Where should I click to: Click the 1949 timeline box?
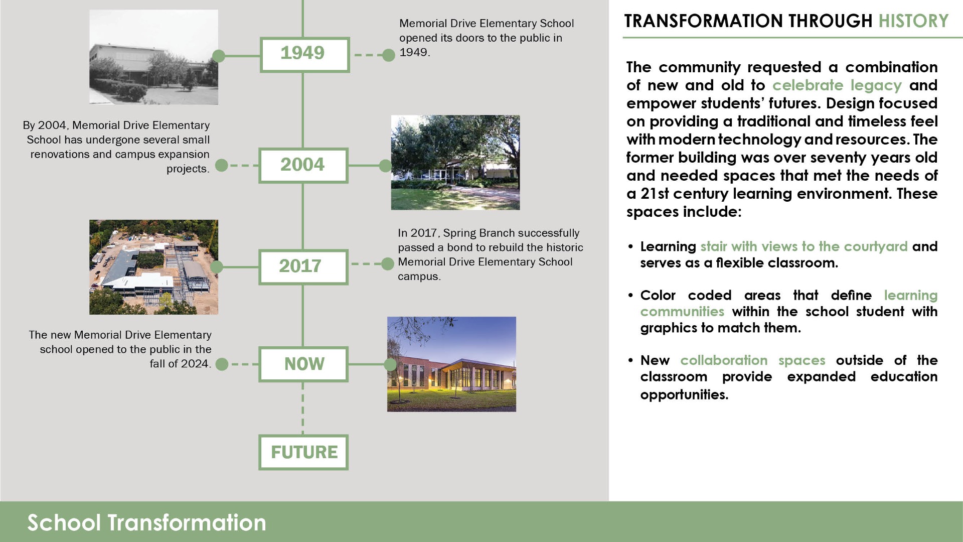(x=304, y=55)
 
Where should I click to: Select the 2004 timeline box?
(x=303, y=165)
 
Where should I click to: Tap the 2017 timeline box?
(x=303, y=266)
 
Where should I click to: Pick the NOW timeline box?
(x=303, y=364)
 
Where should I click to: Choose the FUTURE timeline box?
(x=303, y=452)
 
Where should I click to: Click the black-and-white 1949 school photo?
(x=153, y=57)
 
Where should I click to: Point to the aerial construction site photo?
(x=153, y=267)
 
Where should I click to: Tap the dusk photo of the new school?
(x=451, y=364)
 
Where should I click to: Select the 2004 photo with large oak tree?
(x=455, y=162)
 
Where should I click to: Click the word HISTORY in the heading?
(x=913, y=21)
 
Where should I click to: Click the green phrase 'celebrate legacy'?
(x=837, y=85)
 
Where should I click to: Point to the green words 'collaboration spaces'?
(x=752, y=360)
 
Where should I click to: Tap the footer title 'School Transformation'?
(x=146, y=522)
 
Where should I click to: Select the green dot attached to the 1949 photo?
(x=219, y=56)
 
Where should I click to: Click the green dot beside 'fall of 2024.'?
(x=222, y=364)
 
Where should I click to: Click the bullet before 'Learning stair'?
(x=630, y=246)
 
